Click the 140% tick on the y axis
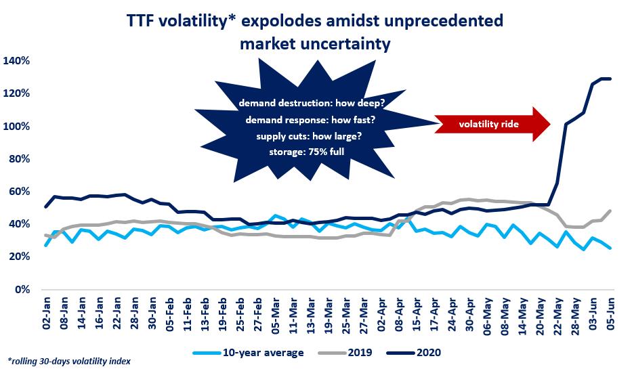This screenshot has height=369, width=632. pyautogui.click(x=17, y=61)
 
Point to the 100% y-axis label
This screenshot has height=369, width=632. pyautogui.click(x=17, y=127)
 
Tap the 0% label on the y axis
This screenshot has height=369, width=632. pyautogui.click(x=22, y=289)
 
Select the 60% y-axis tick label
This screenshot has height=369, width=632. pyautogui.click(x=19, y=192)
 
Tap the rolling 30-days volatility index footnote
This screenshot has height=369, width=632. pyautogui.click(x=68, y=362)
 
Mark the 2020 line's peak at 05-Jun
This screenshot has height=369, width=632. pyautogui.click(x=610, y=79)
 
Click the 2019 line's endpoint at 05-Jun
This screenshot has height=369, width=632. pyautogui.click(x=610, y=211)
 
